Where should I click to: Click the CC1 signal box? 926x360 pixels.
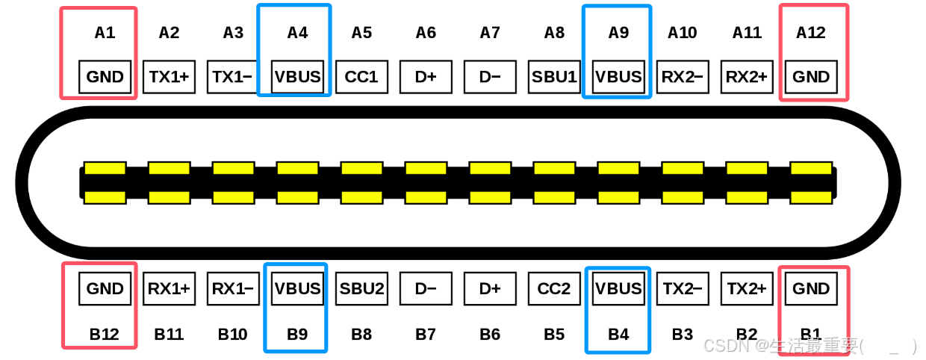(361, 76)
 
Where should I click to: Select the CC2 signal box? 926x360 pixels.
(554, 288)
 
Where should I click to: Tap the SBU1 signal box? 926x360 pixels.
(554, 76)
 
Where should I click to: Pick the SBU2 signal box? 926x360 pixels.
(361, 288)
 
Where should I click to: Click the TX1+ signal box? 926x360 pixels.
(169, 76)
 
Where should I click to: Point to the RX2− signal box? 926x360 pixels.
(683, 76)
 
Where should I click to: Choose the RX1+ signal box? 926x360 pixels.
(169, 288)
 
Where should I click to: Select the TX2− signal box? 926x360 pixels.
(683, 288)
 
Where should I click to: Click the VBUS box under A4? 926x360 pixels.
(297, 76)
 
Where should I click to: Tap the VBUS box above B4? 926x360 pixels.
(618, 288)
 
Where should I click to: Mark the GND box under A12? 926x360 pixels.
(811, 76)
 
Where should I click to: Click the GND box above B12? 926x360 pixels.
(105, 288)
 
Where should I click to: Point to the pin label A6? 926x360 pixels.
(426, 33)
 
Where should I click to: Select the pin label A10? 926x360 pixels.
(683, 33)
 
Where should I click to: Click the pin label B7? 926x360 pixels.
(426, 334)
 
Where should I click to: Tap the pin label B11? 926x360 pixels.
(169, 334)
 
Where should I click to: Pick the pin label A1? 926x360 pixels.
(105, 33)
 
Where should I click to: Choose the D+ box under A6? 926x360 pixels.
(426, 76)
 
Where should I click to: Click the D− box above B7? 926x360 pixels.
(426, 288)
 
